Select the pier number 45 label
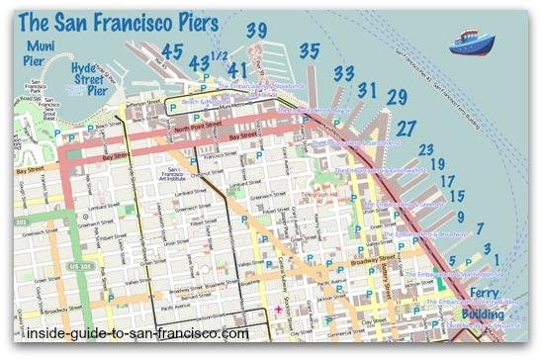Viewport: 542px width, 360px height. (173, 52)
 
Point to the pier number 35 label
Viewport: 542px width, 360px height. (311, 51)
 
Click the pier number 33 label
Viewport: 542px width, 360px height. (344, 73)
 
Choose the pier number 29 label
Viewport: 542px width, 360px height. (397, 97)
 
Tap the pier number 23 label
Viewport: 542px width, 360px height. (426, 149)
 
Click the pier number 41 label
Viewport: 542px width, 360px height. (237, 70)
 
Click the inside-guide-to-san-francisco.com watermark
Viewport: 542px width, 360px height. (125, 335)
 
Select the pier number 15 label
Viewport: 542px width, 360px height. (456, 197)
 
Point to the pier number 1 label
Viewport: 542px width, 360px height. (497, 258)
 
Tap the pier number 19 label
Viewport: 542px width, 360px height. (436, 165)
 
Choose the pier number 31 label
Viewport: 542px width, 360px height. (367, 91)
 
